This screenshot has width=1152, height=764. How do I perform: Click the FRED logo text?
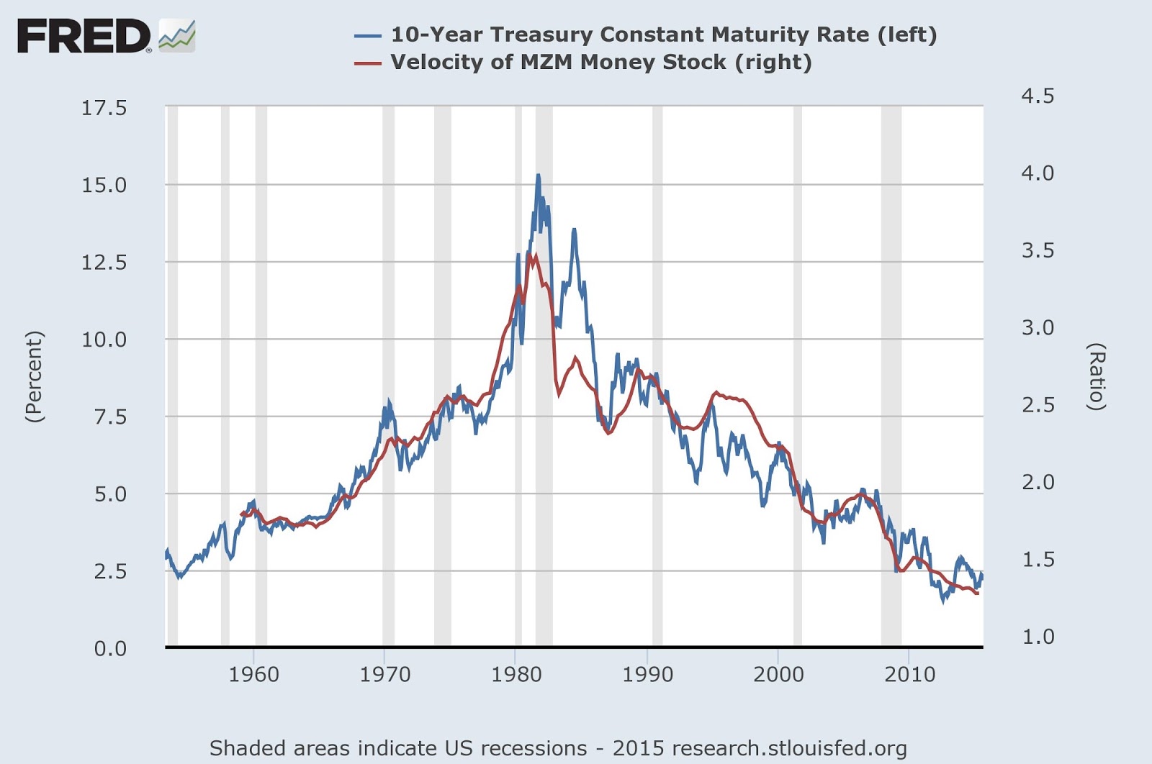click(83, 36)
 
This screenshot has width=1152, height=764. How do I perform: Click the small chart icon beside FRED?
click(176, 36)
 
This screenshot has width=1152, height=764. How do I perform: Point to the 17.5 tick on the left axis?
click(104, 108)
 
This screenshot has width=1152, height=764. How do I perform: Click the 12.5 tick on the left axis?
click(104, 263)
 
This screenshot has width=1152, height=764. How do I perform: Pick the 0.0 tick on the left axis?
click(109, 648)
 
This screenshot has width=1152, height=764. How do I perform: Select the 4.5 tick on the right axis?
click(1038, 96)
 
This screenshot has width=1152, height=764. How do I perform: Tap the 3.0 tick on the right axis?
click(1038, 327)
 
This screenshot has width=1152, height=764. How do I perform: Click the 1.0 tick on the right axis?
click(1038, 637)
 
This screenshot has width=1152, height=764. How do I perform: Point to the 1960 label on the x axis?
click(253, 675)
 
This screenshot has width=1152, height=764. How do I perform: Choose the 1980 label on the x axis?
click(516, 675)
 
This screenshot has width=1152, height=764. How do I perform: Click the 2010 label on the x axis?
click(910, 675)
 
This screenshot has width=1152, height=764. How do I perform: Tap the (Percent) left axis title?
click(34, 376)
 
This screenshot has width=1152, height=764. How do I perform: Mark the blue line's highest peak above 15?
click(538, 176)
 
